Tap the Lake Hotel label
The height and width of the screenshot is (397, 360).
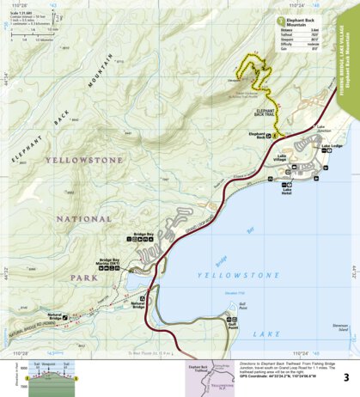point(288,189)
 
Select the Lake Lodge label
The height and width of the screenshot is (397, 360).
point(332,146)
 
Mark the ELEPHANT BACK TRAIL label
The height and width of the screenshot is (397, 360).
point(265,111)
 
